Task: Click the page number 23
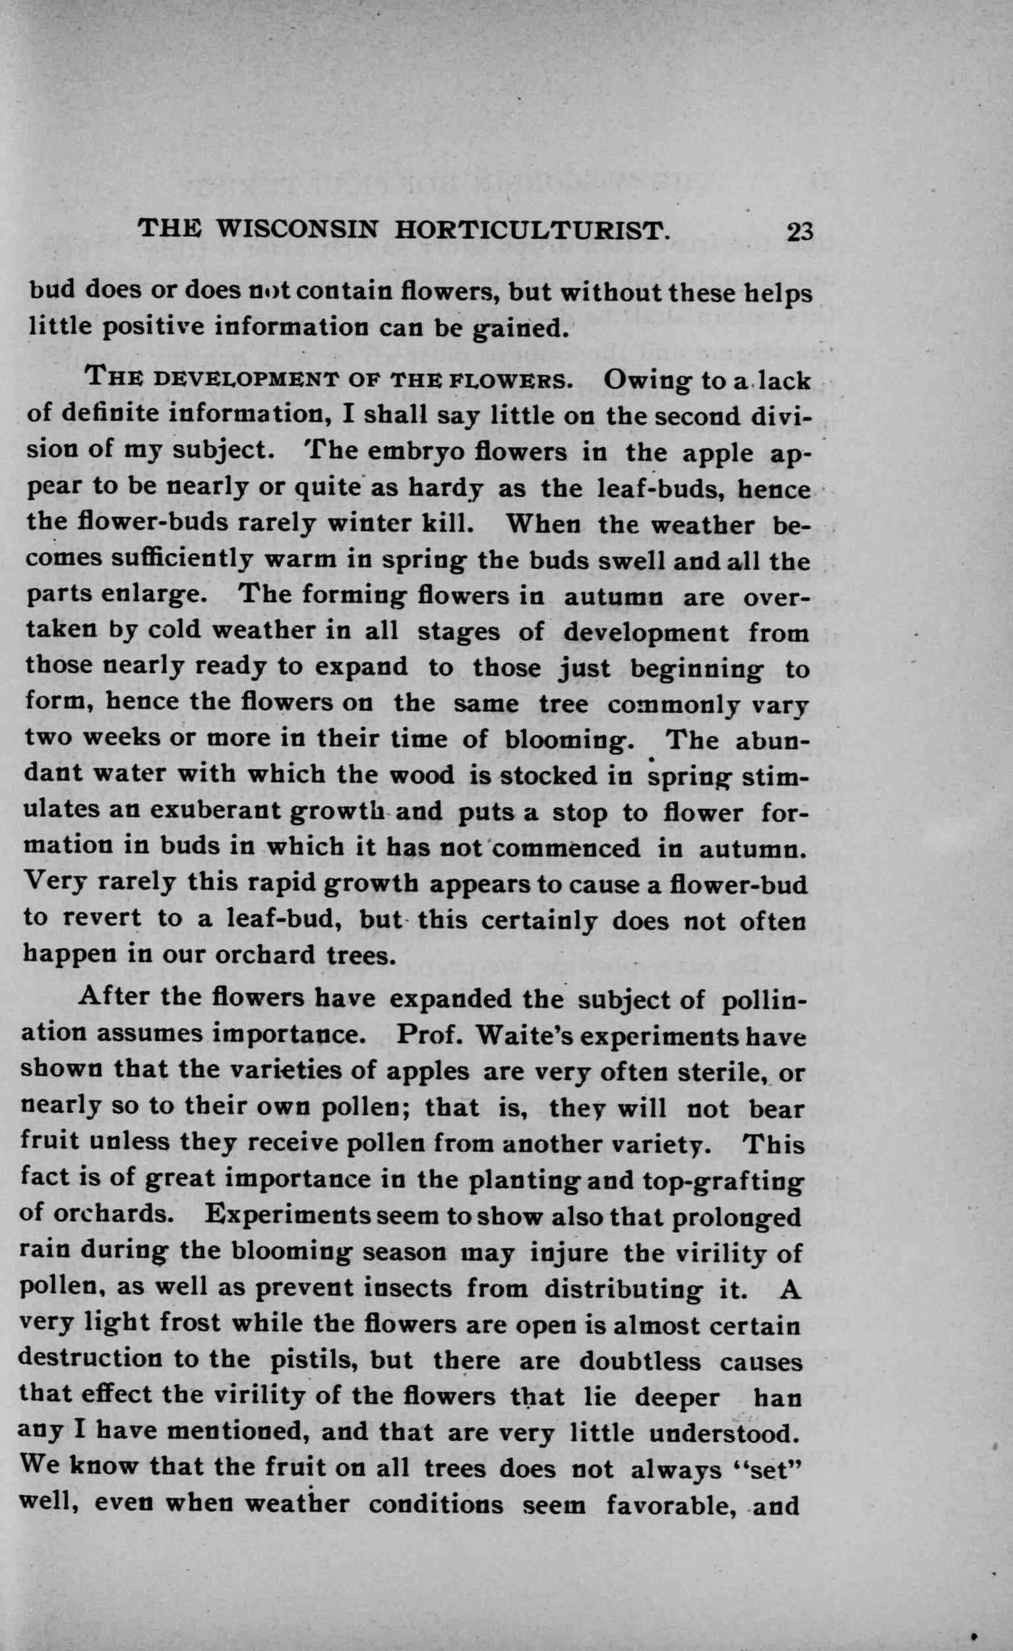(x=800, y=233)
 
